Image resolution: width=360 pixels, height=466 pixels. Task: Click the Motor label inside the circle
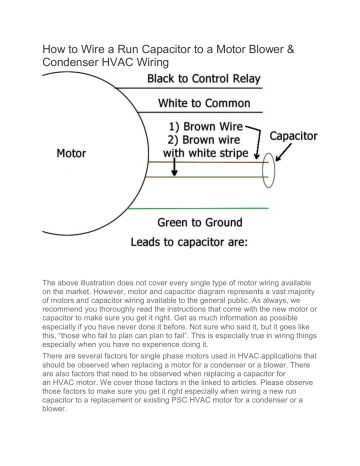(71, 153)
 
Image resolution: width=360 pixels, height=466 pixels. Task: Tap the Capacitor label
(293, 136)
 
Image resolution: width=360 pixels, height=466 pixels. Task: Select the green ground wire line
(198, 208)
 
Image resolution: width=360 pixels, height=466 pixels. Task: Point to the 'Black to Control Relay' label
(204, 79)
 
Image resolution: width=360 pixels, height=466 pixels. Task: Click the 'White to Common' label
(204, 103)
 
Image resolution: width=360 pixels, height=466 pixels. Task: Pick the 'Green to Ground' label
(200, 222)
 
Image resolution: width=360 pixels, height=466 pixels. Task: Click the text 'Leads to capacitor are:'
(189, 242)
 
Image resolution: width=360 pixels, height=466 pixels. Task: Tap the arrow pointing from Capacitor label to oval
(284, 152)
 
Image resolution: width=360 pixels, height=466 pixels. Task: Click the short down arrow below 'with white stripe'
(174, 167)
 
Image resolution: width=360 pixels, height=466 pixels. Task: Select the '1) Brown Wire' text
(206, 127)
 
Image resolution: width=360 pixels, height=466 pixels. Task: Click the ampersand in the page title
(290, 49)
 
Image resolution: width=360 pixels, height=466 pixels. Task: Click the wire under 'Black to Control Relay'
(190, 88)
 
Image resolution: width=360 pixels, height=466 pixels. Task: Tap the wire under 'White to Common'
(200, 112)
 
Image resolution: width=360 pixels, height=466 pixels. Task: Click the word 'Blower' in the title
(266, 49)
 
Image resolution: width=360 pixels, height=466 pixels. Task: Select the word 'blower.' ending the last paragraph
(54, 409)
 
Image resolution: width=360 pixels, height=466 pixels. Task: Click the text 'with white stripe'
(206, 153)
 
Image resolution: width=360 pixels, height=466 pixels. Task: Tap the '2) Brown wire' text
(204, 140)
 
